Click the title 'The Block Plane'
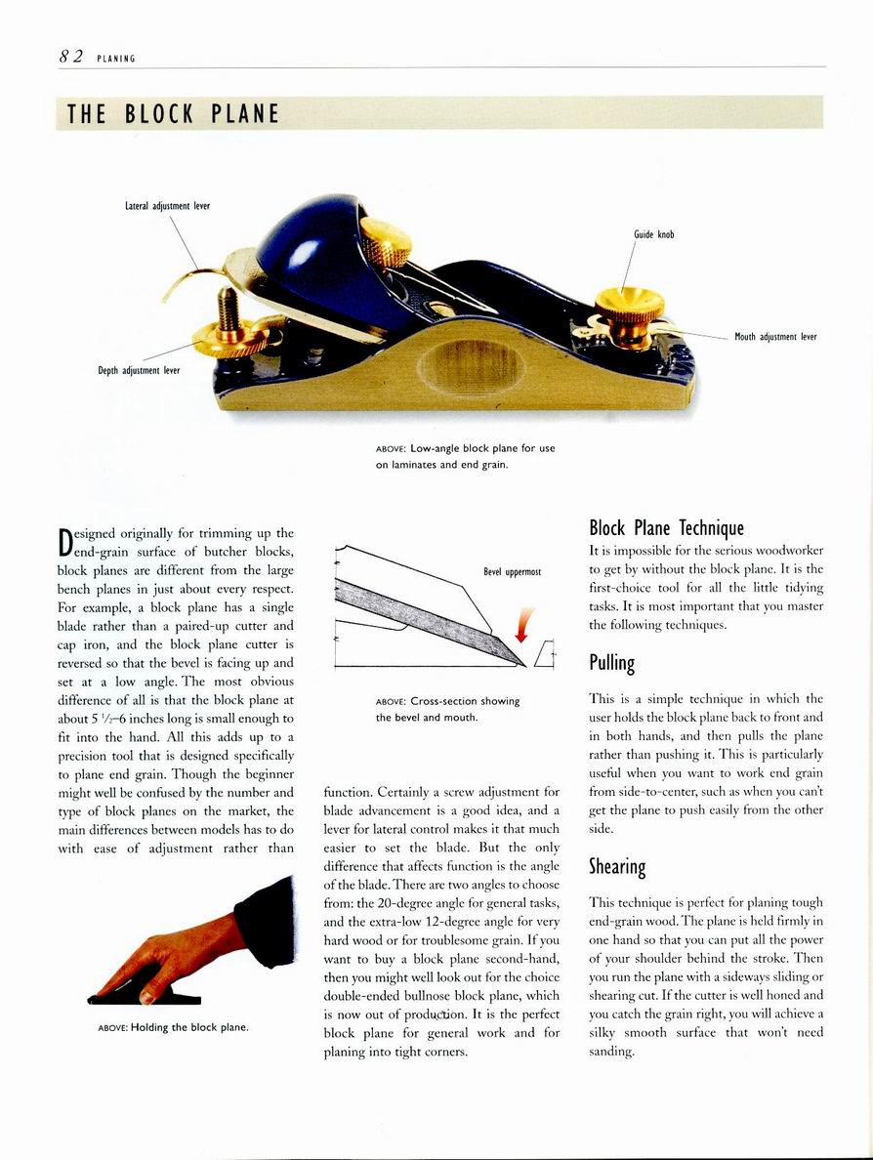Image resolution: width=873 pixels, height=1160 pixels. tap(173, 114)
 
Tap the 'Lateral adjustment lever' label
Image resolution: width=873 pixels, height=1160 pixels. tap(167, 206)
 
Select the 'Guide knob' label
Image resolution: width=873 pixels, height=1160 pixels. tap(653, 234)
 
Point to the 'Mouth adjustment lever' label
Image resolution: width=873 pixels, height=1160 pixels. tap(774, 337)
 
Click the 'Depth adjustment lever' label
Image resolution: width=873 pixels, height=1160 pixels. tap(139, 370)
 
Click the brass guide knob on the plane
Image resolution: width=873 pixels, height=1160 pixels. tap(629, 307)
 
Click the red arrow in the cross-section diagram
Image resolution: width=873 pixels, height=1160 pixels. tap(527, 626)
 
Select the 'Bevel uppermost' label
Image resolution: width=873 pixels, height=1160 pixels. tap(512, 572)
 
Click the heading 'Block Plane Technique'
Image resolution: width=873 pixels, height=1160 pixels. tap(667, 528)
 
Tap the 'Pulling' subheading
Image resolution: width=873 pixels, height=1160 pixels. tap(612, 664)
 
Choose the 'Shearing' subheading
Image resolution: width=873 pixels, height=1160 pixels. tap(617, 866)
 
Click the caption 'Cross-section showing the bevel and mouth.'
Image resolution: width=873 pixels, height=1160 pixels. tap(447, 709)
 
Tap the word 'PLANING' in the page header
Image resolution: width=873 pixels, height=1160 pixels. tap(115, 59)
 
